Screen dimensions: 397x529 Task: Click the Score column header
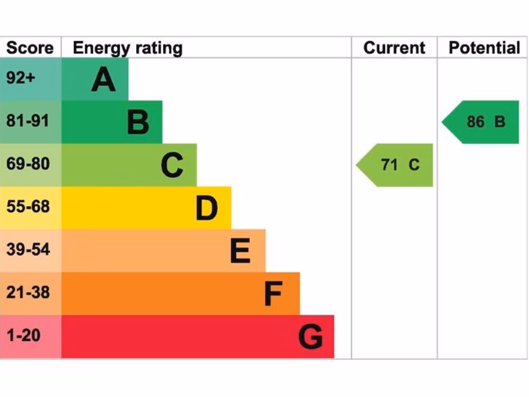click(x=30, y=48)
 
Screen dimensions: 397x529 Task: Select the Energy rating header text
click(x=128, y=48)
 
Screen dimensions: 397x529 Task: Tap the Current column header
click(x=394, y=48)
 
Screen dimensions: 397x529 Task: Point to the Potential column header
click(x=484, y=48)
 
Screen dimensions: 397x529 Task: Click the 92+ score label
click(x=22, y=78)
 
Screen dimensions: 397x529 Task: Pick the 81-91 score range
click(x=28, y=121)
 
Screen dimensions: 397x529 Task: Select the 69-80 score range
click(x=28, y=164)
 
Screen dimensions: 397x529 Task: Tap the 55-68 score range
click(x=28, y=207)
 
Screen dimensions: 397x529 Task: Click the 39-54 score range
click(x=28, y=250)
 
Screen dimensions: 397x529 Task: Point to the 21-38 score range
click(x=28, y=293)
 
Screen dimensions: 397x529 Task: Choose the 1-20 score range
click(x=23, y=335)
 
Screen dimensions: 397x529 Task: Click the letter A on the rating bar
click(x=103, y=80)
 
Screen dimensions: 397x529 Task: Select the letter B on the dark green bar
click(x=138, y=123)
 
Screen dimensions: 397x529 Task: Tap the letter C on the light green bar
click(x=172, y=165)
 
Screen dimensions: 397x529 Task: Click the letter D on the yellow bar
click(x=207, y=208)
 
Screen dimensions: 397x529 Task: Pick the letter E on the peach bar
click(x=240, y=251)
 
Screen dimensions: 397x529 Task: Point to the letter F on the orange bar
click(x=273, y=294)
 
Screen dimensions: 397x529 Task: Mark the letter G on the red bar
click(x=310, y=337)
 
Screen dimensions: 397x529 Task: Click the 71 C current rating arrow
click(x=396, y=165)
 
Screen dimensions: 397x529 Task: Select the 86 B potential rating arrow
click(x=481, y=122)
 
